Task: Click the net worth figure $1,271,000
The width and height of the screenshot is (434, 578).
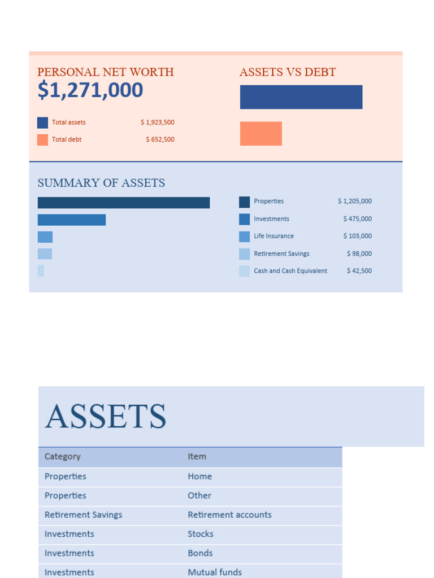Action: [x=90, y=90]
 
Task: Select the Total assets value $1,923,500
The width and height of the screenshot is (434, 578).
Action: [x=158, y=122]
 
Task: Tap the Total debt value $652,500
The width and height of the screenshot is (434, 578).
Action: [x=160, y=139]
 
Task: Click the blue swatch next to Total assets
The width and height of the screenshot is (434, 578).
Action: [x=42, y=122]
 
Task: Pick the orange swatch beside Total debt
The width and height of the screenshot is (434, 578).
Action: [x=42, y=140]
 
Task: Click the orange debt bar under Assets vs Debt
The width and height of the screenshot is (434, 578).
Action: [x=261, y=134]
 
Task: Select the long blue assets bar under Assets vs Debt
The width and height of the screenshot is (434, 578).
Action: [x=301, y=97]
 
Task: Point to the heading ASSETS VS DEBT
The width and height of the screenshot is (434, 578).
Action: [x=287, y=72]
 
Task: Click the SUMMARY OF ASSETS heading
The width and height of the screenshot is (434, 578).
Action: [x=101, y=183]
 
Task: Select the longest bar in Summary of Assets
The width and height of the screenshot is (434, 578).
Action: [x=123, y=203]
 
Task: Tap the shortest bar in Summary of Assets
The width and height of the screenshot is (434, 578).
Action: [x=41, y=271]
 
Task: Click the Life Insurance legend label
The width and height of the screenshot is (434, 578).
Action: [x=274, y=236]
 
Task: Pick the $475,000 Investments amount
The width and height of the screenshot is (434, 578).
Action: [x=357, y=219]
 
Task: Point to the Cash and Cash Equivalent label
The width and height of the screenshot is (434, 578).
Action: [x=290, y=271]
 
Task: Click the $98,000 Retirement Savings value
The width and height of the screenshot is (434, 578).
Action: [x=359, y=253]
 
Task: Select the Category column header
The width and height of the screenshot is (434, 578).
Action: [x=62, y=457]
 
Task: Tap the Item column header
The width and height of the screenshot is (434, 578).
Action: [x=197, y=457]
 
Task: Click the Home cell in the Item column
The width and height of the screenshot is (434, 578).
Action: [x=199, y=476]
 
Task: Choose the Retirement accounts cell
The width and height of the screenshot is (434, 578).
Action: [x=229, y=515]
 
